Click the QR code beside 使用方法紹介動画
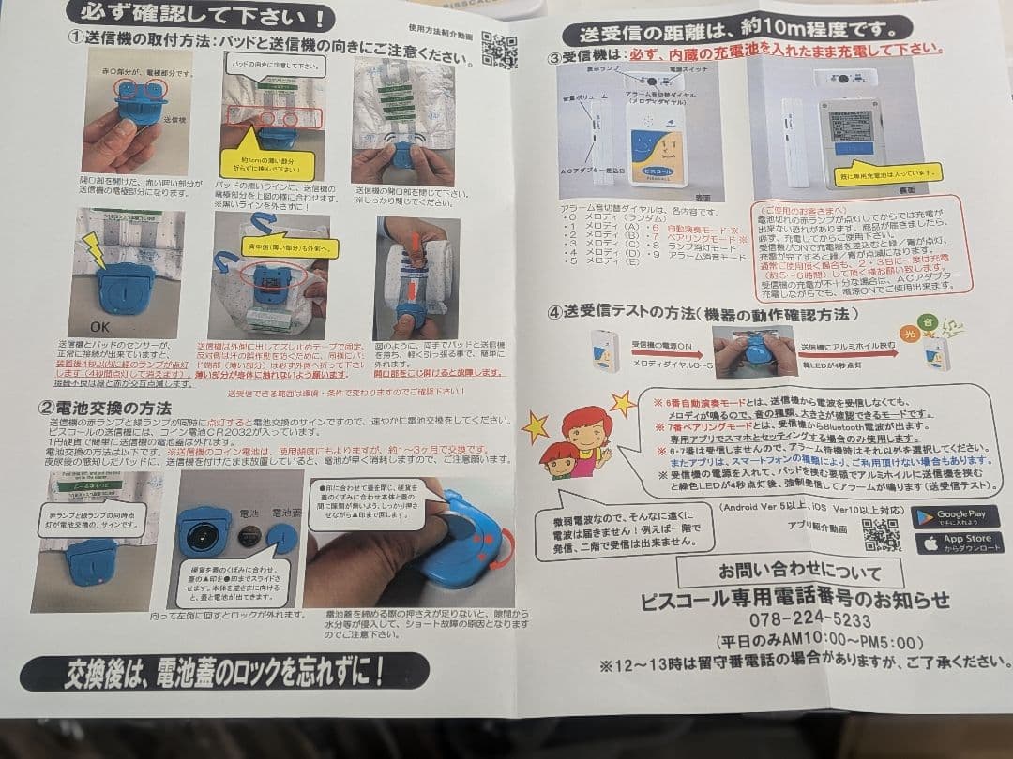pyautogui.click(x=498, y=49)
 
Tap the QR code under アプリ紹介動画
pyautogui.click(x=881, y=533)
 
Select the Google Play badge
pyautogui.click(x=956, y=516)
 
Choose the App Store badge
pyautogui.click(x=956, y=543)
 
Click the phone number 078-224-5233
pyautogui.click(x=796, y=620)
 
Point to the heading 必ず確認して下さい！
pyautogui.click(x=201, y=16)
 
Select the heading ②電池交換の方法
pyautogui.click(x=105, y=408)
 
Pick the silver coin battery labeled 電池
pyautogui.click(x=249, y=538)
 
